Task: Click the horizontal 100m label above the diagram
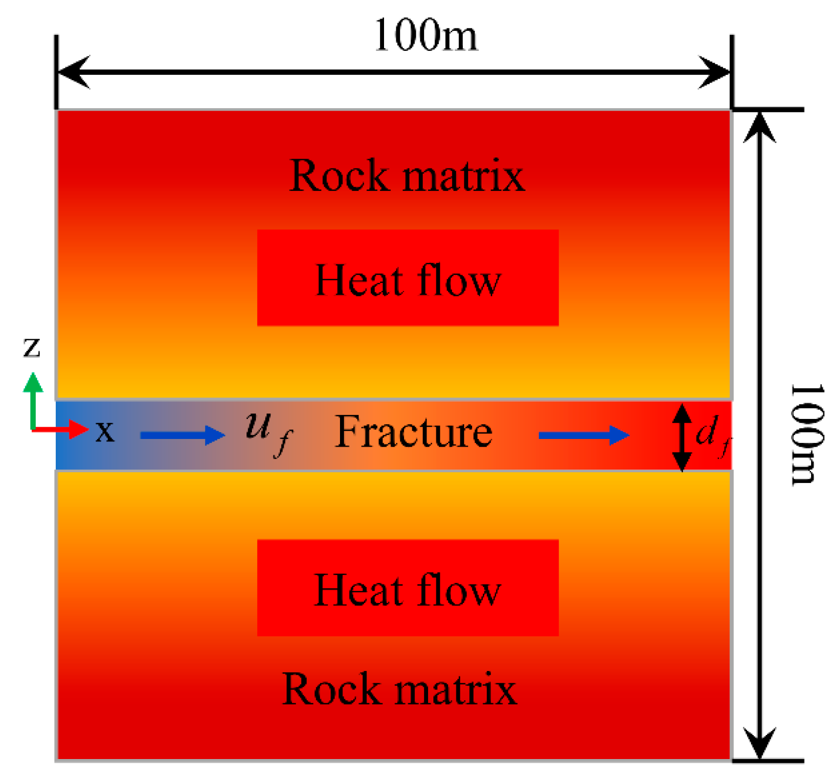(425, 35)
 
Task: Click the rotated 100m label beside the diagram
(807, 435)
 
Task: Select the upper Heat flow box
(408, 277)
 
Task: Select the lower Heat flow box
(408, 587)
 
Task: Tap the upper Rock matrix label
(407, 175)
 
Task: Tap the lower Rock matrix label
(399, 689)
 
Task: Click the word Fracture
(413, 432)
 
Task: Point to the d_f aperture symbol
(712, 435)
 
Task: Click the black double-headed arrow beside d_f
(681, 437)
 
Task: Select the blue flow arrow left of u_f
(182, 435)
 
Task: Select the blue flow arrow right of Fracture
(584, 435)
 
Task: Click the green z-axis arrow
(33, 399)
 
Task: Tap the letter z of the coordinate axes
(32, 347)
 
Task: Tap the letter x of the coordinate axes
(105, 432)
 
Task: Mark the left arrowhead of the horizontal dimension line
(73, 72)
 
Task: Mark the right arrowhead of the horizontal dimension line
(714, 72)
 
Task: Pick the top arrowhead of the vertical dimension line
(759, 127)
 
